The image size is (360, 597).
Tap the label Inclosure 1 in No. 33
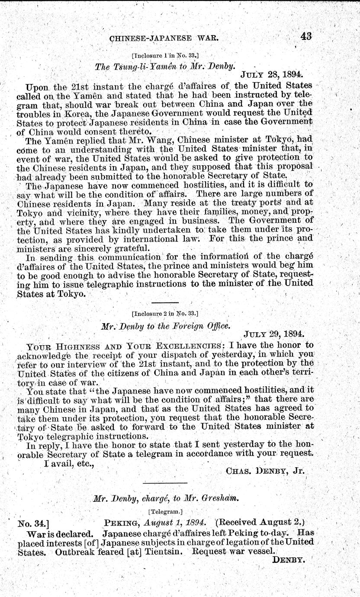165,55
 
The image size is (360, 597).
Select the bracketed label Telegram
165,510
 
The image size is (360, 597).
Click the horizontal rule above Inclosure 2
164,302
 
